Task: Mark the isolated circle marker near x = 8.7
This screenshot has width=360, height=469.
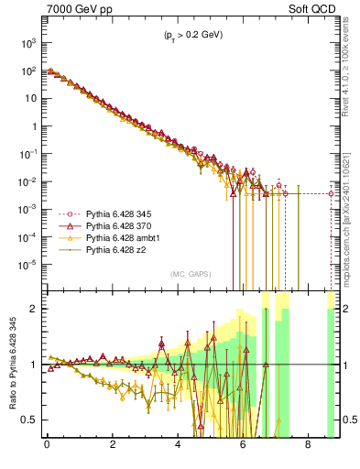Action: tap(332, 193)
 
